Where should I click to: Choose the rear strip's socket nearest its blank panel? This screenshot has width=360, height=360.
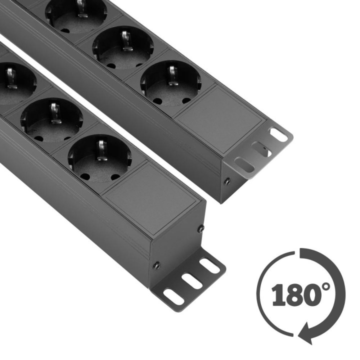(x=170, y=83)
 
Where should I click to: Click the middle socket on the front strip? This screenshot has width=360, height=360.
(x=51, y=120)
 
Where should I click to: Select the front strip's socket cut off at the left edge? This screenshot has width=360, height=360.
(x=12, y=82)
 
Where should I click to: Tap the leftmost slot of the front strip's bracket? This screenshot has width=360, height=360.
(x=173, y=297)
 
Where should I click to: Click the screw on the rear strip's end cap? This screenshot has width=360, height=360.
(x=227, y=181)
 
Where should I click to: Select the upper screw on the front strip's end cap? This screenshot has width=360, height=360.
(x=200, y=228)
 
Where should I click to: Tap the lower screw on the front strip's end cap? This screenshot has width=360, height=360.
(x=157, y=265)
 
